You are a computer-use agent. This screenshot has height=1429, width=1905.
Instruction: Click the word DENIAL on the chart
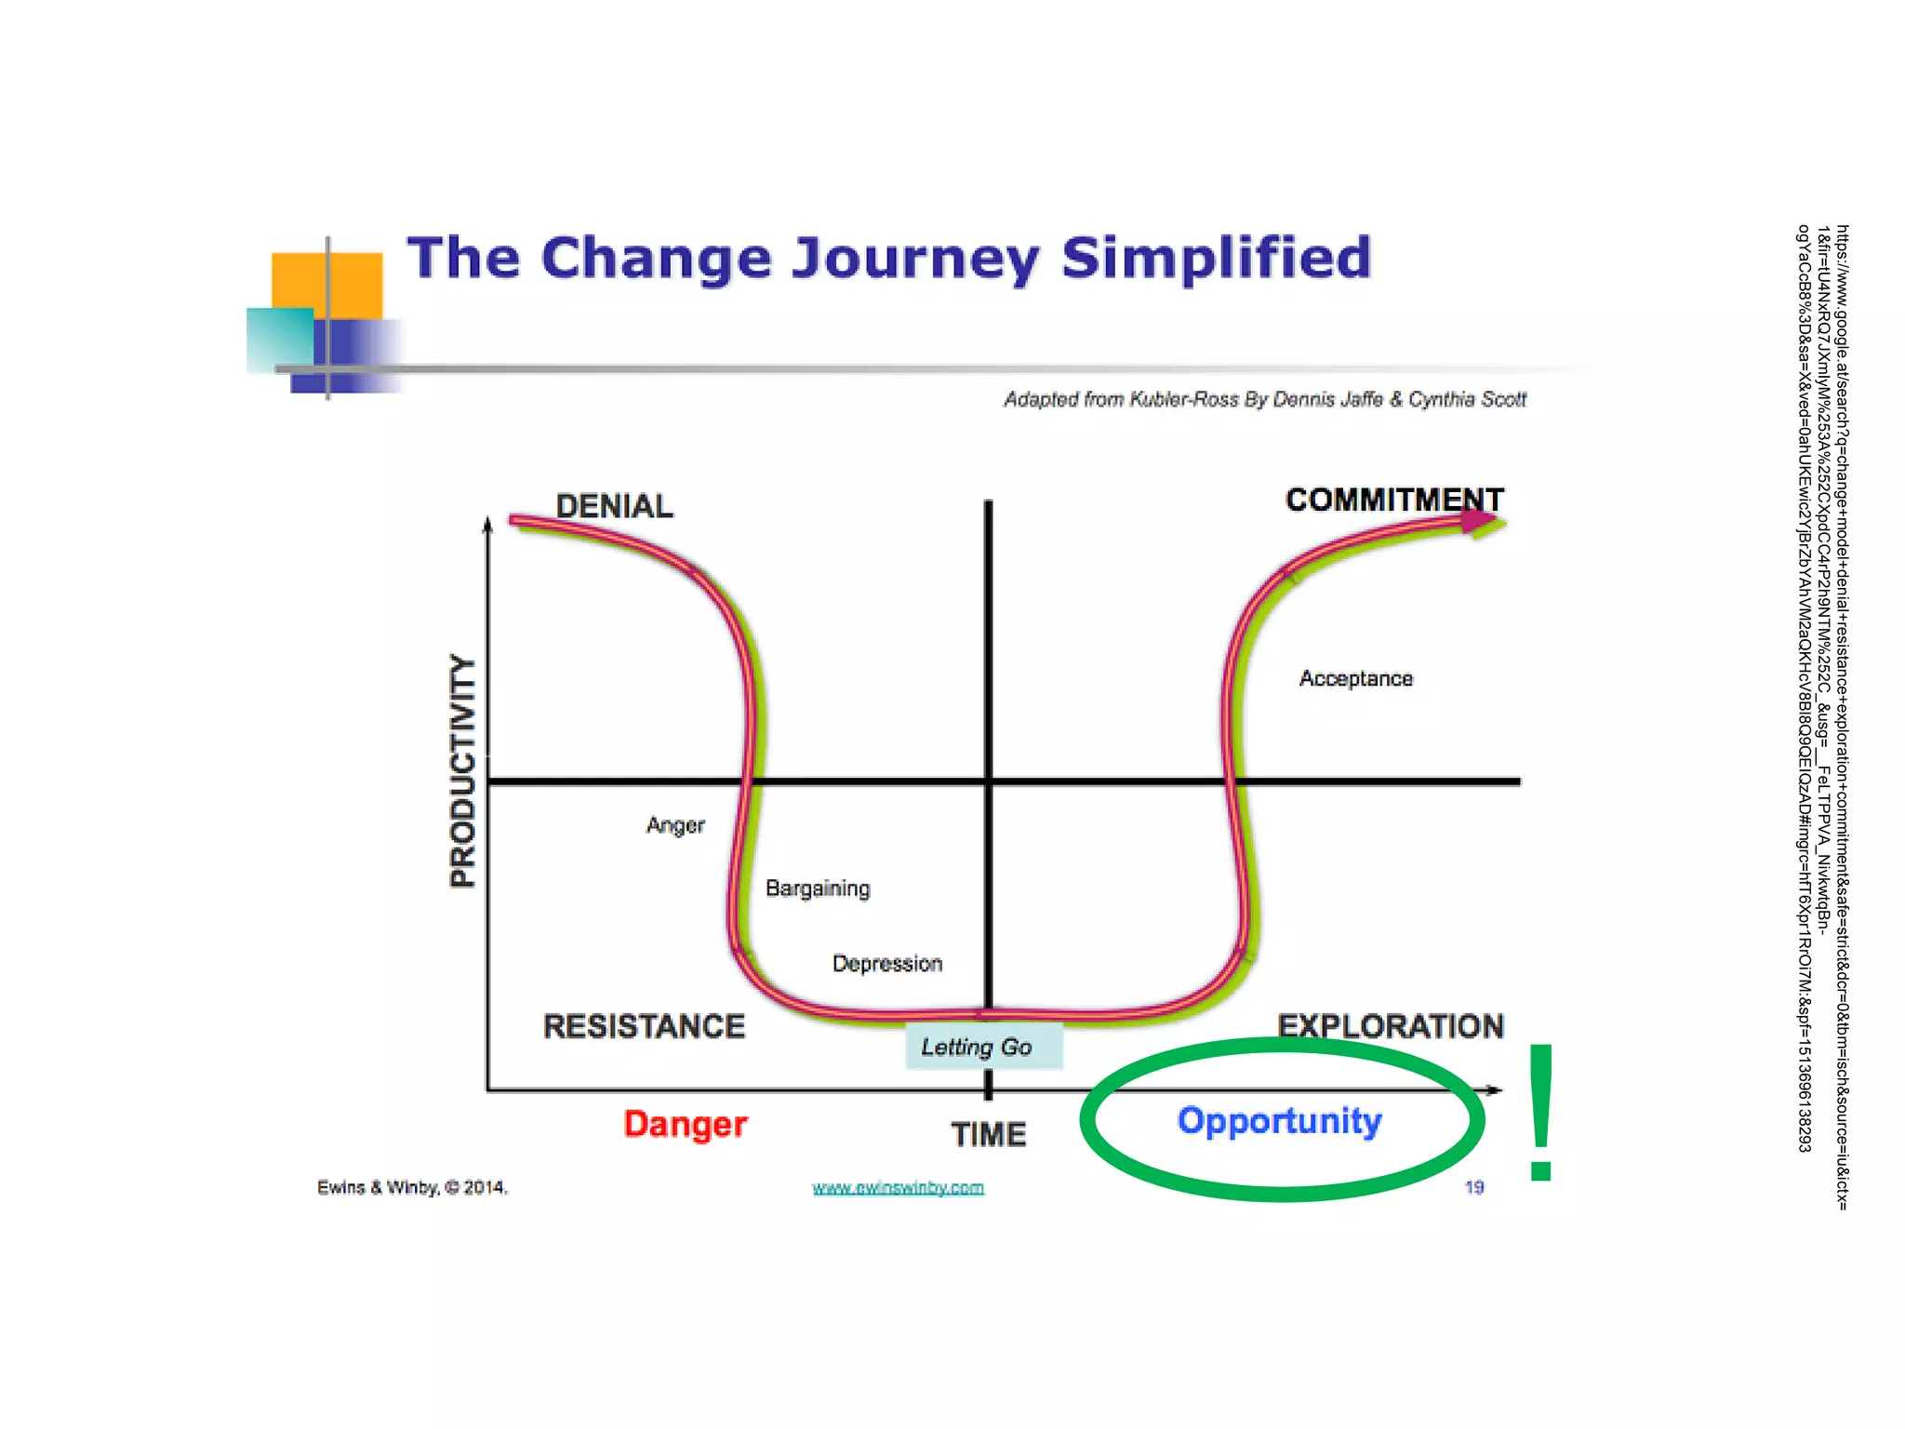tap(614, 506)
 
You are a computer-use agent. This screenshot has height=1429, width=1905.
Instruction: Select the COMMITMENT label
tap(1393, 500)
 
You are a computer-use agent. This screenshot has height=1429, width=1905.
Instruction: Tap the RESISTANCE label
tap(644, 1026)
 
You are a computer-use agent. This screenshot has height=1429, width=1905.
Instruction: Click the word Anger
tap(675, 825)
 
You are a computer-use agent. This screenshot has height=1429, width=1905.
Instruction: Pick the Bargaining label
tap(818, 888)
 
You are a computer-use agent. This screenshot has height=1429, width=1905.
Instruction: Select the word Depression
tap(886, 964)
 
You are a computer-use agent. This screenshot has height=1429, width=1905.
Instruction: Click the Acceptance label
tap(1355, 679)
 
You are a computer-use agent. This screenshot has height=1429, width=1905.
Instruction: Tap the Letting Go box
tap(982, 1048)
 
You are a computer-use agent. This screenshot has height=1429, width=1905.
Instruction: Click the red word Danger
tap(685, 1124)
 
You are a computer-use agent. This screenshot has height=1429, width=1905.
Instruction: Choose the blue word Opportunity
tap(1279, 1121)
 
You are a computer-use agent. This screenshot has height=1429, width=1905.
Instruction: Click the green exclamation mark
tap(1540, 1112)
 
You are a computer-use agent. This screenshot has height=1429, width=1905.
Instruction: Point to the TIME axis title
tap(988, 1134)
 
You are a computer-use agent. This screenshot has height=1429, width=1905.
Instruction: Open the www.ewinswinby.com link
tap(898, 1188)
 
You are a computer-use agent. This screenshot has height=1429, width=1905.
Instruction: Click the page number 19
tap(1474, 1187)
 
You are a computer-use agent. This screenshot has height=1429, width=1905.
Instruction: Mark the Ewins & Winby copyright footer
tap(412, 1188)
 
